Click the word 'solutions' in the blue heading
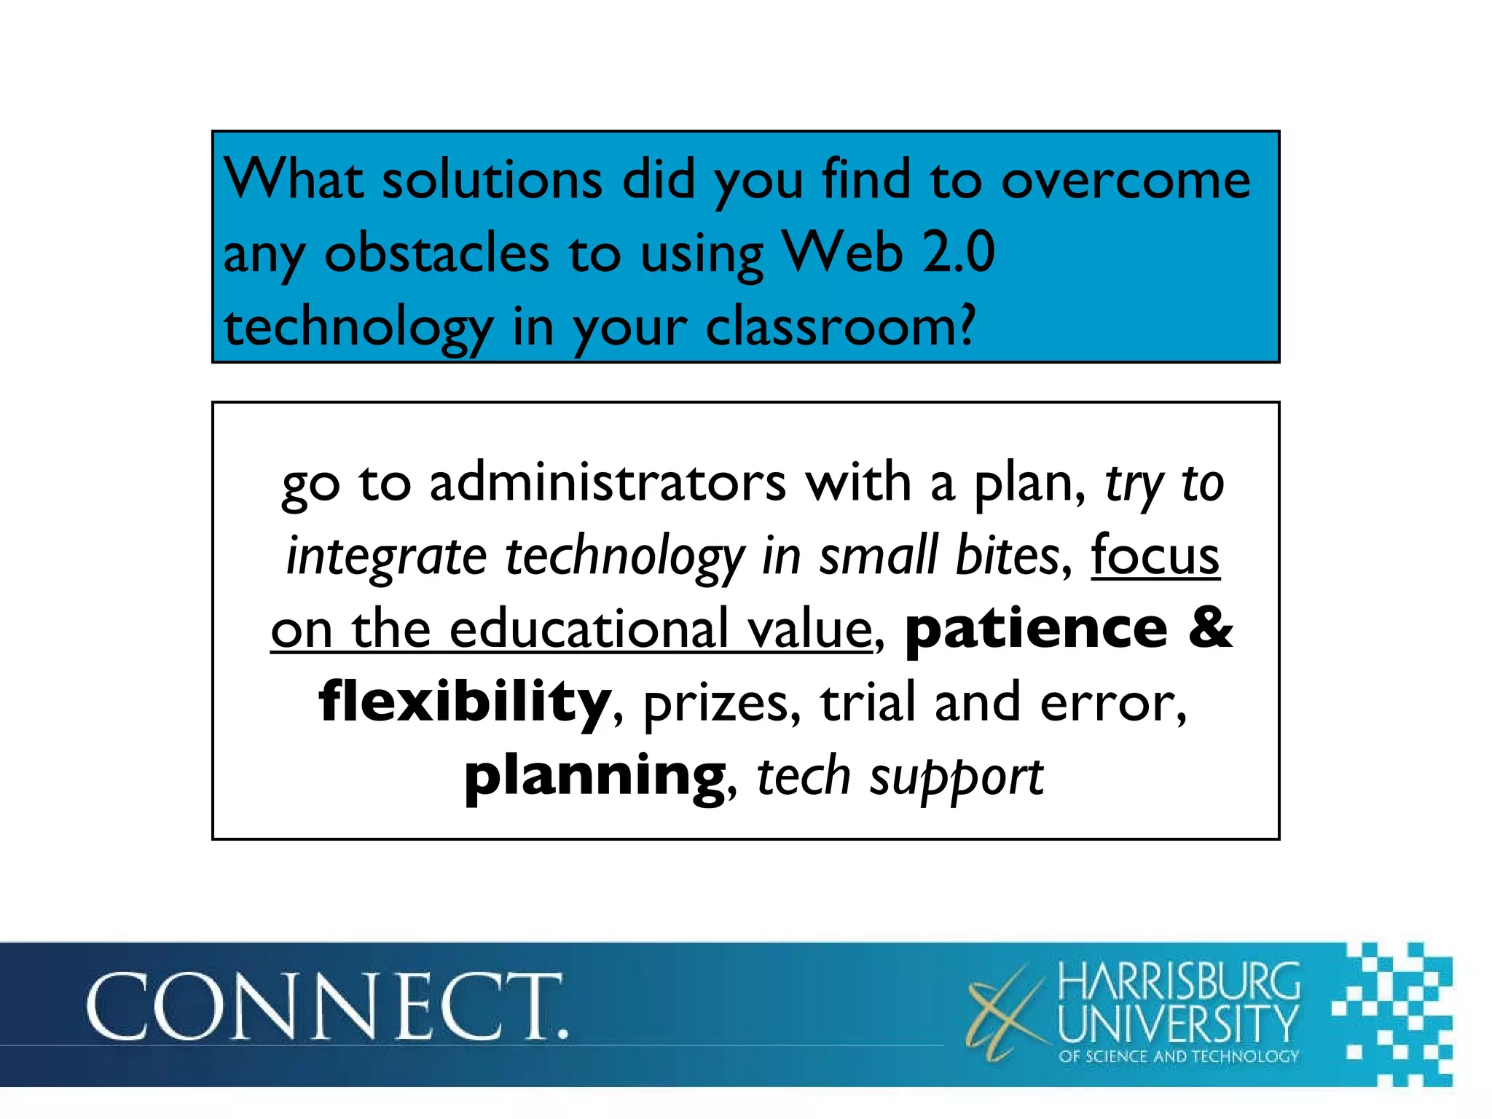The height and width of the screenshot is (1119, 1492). pyautogui.click(x=492, y=180)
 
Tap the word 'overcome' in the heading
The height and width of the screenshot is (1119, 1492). pyautogui.click(x=1126, y=180)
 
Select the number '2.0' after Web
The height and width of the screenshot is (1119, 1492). pyautogui.click(x=959, y=253)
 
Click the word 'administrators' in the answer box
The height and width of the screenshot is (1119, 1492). pyautogui.click(x=608, y=483)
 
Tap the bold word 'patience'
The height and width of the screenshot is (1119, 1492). pyautogui.click(x=1036, y=629)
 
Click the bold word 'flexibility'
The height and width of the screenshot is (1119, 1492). pyautogui.click(x=465, y=702)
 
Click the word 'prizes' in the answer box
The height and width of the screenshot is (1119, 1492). pyautogui.click(x=721, y=704)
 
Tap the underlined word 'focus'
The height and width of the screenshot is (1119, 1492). pyautogui.click(x=1155, y=556)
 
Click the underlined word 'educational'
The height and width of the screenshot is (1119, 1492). pyautogui.click(x=660, y=629)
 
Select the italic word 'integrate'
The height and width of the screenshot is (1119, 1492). pyautogui.click(x=386, y=557)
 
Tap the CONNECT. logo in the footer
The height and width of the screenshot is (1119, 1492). pyautogui.click(x=326, y=1008)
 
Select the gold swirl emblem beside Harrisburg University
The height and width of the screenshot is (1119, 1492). pyautogui.click(x=1005, y=1013)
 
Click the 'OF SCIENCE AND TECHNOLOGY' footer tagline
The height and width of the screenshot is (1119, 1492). pyautogui.click(x=1178, y=1056)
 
